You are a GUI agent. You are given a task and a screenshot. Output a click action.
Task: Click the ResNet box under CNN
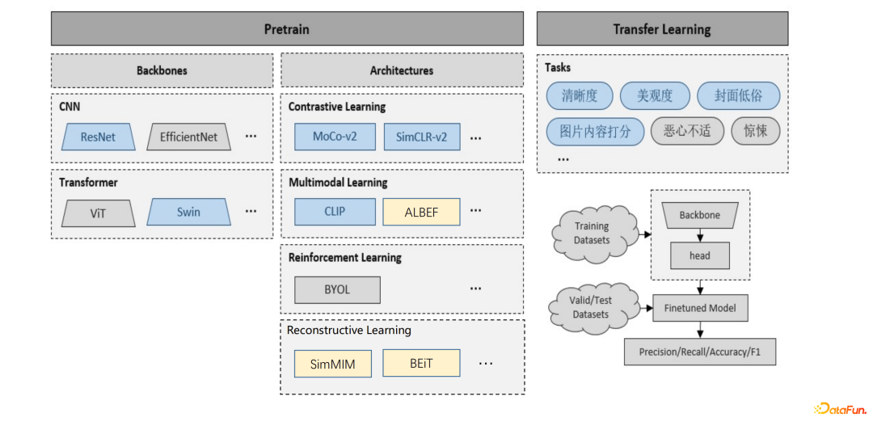[98, 137]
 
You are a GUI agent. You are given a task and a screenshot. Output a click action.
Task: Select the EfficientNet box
[188, 137]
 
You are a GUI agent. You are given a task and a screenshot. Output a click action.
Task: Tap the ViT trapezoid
[98, 213]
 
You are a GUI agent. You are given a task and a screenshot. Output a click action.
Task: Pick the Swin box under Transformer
[188, 213]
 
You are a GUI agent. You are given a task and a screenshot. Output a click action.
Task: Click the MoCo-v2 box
[335, 137]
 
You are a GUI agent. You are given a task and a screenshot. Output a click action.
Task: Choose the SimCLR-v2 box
[421, 137]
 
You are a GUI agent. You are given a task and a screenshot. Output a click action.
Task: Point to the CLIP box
[335, 212]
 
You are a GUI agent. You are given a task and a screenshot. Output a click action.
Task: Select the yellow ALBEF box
[421, 212]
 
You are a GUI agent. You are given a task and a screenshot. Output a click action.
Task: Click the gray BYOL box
[337, 289]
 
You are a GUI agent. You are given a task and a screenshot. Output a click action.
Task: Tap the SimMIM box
[332, 364]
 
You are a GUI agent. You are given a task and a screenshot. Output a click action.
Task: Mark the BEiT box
[421, 364]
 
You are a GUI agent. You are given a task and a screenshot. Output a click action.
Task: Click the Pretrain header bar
[286, 29]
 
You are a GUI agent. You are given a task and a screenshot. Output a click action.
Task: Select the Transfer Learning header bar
[662, 29]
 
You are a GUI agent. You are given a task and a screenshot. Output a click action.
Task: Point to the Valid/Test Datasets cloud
[591, 307]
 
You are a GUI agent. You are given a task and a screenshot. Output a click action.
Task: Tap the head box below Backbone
[700, 255]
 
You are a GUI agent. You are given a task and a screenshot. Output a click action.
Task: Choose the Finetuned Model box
[700, 308]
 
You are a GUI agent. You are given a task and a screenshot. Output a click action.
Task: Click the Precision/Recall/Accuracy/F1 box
[700, 352]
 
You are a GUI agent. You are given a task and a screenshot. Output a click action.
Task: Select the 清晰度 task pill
[579, 95]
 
